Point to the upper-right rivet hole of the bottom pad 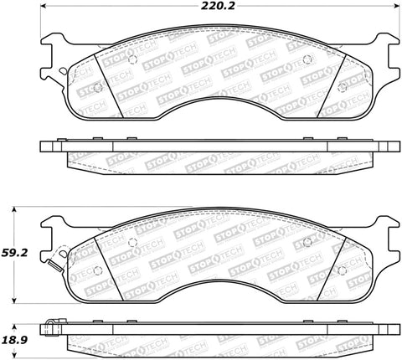tap(307, 243)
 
